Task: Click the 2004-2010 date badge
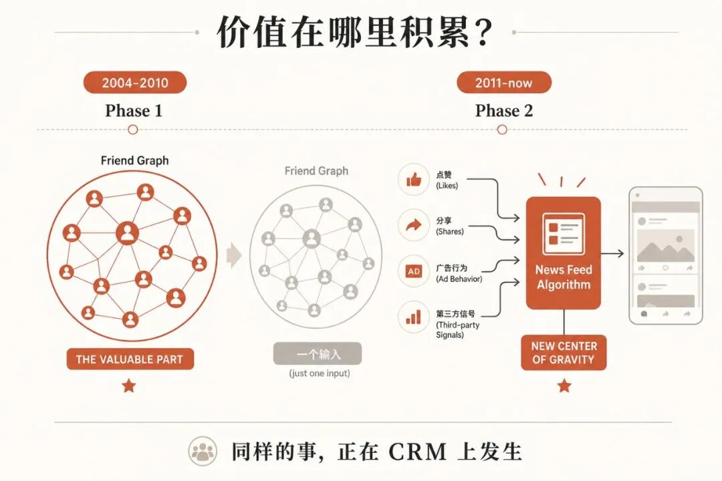coord(135,83)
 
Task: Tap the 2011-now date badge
coord(504,83)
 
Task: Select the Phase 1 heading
coord(134,110)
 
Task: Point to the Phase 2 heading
coord(504,110)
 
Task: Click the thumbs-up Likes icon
coord(414,180)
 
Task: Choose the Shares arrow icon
coord(414,225)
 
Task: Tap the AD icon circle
coord(414,271)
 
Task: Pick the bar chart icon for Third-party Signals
coord(414,317)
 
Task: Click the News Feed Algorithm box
coord(564,253)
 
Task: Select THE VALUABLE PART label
coord(130,359)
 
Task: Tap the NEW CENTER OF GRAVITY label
coord(564,353)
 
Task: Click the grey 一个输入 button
coord(318,353)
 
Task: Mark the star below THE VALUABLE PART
coord(129,385)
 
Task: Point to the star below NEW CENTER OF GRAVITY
coord(564,385)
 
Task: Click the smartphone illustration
coord(666,255)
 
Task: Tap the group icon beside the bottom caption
coord(203,451)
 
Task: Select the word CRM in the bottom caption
coord(418,452)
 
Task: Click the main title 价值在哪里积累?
coord(354,31)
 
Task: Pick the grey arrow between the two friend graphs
coord(235,255)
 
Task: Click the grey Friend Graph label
coord(316,171)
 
